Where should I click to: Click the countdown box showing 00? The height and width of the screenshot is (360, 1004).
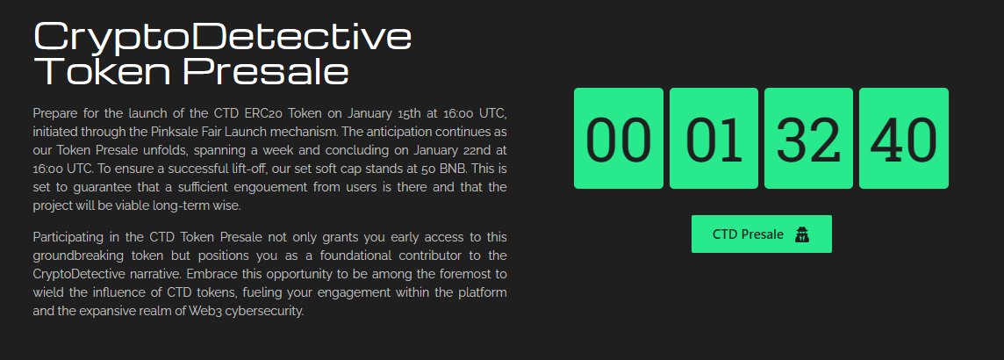pos(618,138)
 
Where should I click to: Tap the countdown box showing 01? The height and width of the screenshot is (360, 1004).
pos(714,138)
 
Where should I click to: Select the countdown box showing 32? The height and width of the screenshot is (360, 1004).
pos(808,138)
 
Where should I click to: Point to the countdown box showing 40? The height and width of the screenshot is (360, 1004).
pos(904,138)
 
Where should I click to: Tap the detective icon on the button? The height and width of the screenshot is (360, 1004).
pos(801,234)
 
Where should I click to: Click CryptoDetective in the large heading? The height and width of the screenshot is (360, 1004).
pos(222,36)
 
